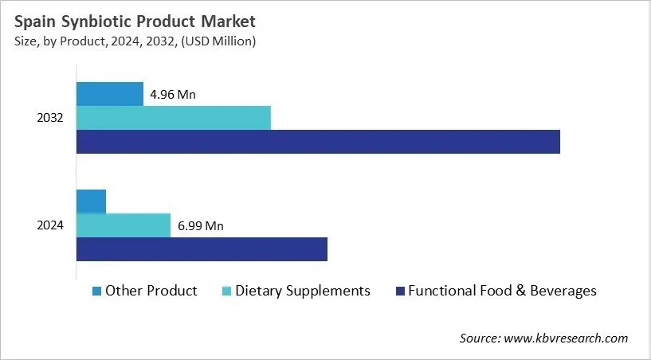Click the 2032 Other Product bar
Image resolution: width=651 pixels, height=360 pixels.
(x=110, y=93)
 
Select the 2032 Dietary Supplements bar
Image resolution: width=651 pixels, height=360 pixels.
(x=174, y=117)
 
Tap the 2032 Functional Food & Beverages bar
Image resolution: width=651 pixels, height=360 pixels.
(x=318, y=142)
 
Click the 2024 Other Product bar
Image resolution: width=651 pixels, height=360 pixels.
(x=91, y=202)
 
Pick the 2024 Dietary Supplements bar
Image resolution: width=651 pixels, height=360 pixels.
(x=124, y=225)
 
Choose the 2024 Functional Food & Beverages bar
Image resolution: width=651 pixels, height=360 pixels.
(x=202, y=249)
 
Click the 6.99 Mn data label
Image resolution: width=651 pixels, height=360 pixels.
(x=200, y=226)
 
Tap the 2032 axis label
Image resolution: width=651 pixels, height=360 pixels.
(x=50, y=118)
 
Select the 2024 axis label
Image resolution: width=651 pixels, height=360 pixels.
(x=50, y=225)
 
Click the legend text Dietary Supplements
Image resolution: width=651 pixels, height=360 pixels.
(x=303, y=291)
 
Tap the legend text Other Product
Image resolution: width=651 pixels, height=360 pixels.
(x=151, y=291)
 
